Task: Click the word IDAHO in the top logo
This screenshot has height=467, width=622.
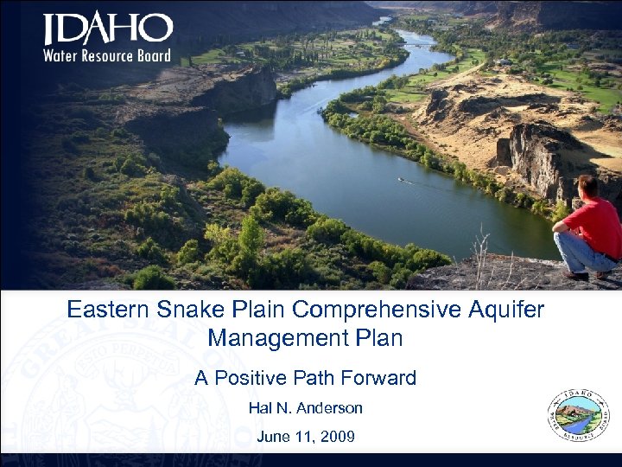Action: click(x=108, y=31)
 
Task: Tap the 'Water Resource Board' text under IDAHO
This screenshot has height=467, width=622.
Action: click(x=107, y=56)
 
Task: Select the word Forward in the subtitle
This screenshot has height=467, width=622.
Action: click(x=379, y=378)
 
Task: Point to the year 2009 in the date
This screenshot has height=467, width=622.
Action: click(x=337, y=437)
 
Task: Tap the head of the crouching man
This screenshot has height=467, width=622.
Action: click(x=588, y=187)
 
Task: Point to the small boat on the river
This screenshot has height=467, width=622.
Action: click(x=401, y=180)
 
